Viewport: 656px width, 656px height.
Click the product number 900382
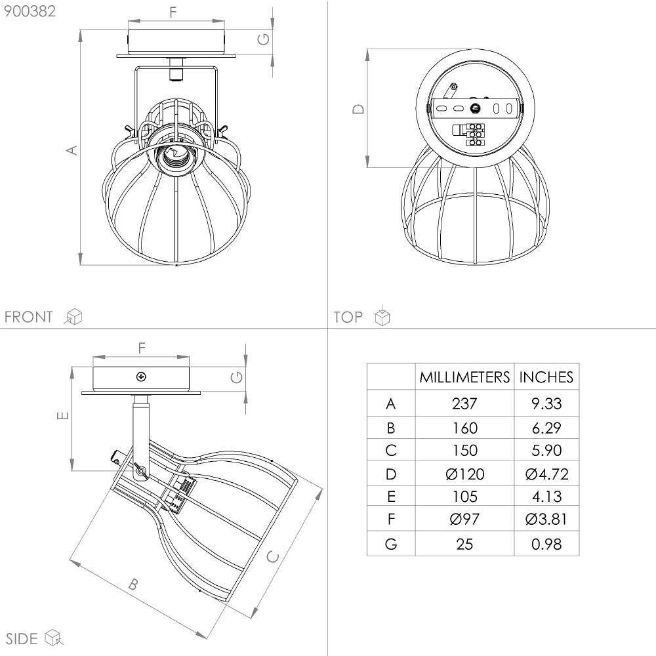click(30, 11)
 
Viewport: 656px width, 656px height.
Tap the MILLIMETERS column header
click(464, 377)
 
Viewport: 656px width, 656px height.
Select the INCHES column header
click(546, 377)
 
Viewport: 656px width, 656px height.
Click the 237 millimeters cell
click(464, 403)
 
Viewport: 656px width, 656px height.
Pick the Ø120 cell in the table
click(465, 474)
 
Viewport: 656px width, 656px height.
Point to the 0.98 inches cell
click(546, 544)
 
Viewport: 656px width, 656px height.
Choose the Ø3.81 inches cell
click(546, 519)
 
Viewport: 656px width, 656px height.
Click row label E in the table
click(391, 497)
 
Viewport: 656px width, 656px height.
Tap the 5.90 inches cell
click(546, 450)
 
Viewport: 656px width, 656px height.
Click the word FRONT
click(28, 317)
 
